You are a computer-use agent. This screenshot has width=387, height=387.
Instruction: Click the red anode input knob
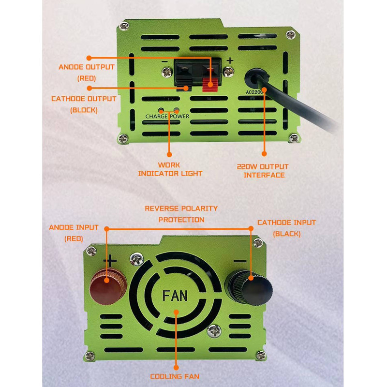[x=108, y=287]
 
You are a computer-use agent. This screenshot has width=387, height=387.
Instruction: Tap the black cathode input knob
[x=249, y=287]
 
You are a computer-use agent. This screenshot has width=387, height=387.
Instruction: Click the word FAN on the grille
[x=175, y=296]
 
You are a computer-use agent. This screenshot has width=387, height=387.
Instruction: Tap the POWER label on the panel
[x=179, y=116]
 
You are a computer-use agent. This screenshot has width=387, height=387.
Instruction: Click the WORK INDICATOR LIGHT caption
[x=170, y=169]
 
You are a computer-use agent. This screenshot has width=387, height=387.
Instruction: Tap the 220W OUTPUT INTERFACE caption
[x=263, y=171]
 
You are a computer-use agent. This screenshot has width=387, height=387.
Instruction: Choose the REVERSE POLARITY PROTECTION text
[x=181, y=214]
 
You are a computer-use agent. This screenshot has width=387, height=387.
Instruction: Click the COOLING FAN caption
[x=175, y=376]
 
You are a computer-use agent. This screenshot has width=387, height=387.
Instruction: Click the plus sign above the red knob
[x=110, y=261]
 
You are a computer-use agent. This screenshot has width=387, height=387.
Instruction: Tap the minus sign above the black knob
[x=240, y=261]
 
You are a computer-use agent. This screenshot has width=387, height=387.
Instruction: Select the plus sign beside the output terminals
[x=230, y=60]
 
